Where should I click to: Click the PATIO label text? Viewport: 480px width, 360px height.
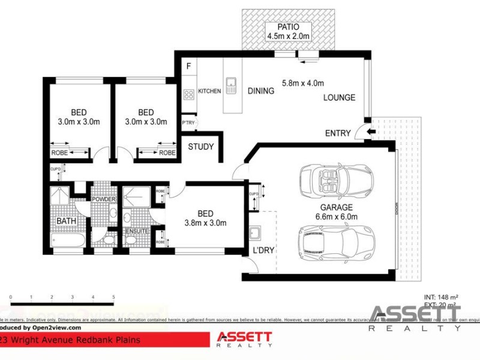(289, 27)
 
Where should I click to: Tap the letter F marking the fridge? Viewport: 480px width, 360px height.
(188, 66)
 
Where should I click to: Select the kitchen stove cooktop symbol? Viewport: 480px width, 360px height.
(188, 94)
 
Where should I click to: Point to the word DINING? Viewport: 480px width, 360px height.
(260, 91)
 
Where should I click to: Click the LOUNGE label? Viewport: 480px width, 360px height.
(339, 97)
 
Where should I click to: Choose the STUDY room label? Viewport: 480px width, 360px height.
(200, 146)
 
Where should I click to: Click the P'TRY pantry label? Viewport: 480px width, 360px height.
(188, 123)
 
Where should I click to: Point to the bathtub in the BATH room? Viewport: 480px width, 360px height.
(68, 241)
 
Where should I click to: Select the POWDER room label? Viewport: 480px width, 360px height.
(103, 199)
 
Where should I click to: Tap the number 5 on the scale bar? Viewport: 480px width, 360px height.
(113, 297)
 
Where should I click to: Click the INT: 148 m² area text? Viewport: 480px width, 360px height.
(440, 296)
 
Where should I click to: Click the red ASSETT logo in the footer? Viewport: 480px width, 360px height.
(244, 339)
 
